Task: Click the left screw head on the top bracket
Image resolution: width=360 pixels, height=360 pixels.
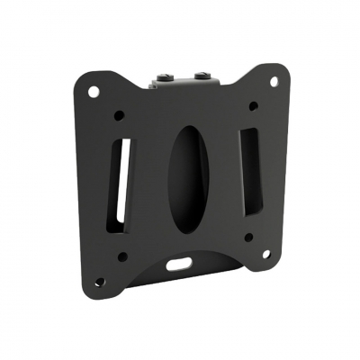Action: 166,68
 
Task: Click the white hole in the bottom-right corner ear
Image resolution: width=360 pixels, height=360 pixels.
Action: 267,254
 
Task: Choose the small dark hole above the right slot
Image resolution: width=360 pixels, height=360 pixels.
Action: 253,106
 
